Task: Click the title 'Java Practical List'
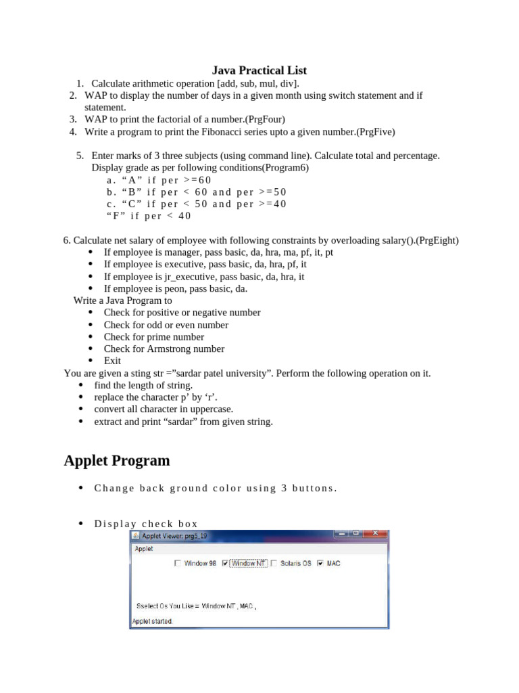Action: pos(259,70)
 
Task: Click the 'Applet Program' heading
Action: pos(117,460)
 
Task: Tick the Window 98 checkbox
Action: pos(178,563)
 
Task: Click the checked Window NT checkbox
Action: pos(233,563)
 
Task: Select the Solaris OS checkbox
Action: pos(274,563)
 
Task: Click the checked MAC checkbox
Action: pos(320,563)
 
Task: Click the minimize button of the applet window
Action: pos(341,534)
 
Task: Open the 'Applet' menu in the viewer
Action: pos(144,549)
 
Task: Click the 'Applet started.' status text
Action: pos(152,621)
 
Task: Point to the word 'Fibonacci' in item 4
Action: pos(254,132)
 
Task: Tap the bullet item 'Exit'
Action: pos(112,361)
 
